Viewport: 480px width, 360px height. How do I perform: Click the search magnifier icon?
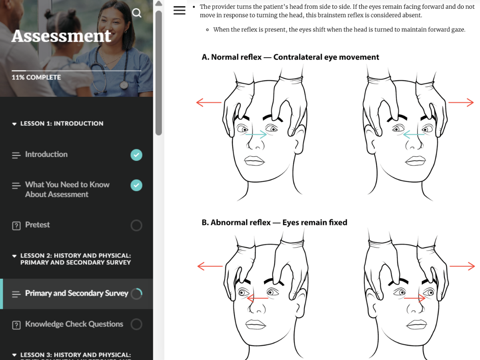137,13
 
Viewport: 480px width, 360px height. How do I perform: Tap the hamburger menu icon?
179,10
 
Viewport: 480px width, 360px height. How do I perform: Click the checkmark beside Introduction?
136,155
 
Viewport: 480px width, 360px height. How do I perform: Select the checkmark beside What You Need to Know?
136,185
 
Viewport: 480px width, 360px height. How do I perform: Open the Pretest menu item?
37,225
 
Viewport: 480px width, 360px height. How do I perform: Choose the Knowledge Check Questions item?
74,324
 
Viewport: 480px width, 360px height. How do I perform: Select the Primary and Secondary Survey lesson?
76,293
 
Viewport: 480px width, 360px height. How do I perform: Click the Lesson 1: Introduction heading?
62,124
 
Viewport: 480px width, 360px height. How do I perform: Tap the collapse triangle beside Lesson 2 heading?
14,256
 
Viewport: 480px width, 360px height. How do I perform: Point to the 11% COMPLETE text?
36,77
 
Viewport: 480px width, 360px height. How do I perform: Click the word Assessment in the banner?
61,36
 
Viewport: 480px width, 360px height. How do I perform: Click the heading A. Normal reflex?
231,57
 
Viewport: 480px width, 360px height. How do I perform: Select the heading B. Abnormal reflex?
236,222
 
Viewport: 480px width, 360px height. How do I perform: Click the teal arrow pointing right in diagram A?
256,134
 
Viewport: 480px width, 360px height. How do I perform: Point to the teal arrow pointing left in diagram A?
414,134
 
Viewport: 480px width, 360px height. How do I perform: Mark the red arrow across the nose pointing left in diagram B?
258,298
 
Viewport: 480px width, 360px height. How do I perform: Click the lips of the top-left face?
254,161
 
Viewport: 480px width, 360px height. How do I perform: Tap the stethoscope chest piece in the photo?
124,85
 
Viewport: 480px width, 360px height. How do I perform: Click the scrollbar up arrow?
159,3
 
